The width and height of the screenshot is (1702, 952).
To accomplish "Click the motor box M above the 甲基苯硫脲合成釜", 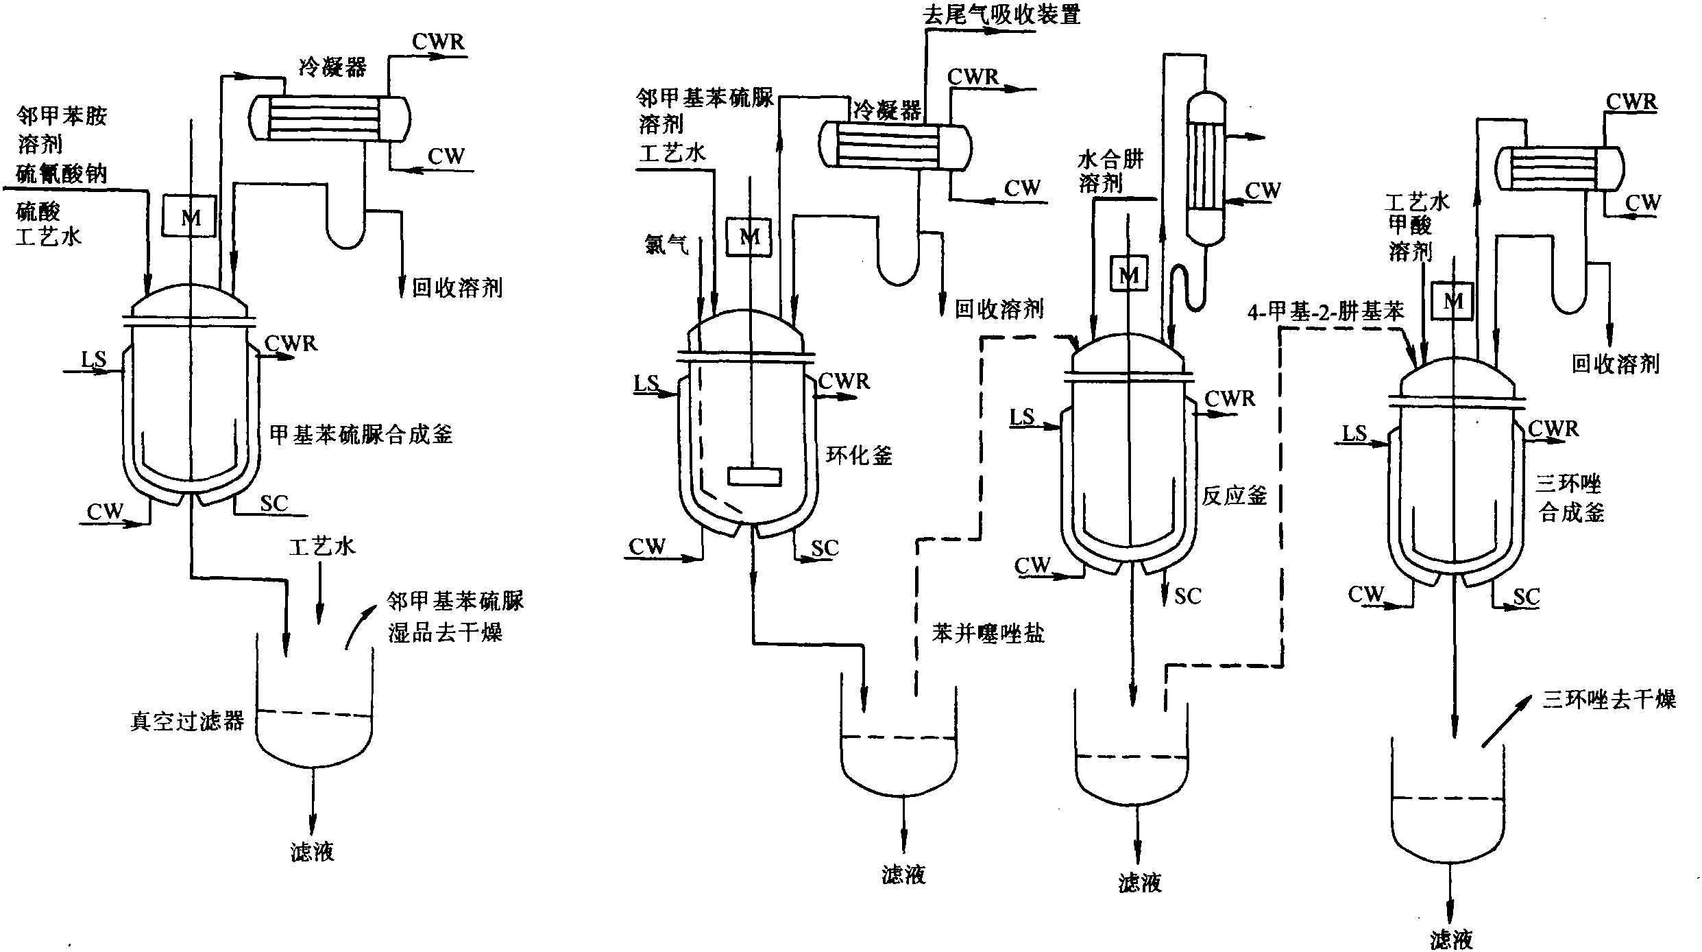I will (190, 217).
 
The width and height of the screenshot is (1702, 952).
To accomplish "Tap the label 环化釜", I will (858, 455).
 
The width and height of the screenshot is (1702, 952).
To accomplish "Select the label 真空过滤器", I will (187, 722).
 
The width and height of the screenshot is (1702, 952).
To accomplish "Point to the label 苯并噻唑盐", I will (988, 633).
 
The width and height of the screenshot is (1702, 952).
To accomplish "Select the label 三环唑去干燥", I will (1609, 699).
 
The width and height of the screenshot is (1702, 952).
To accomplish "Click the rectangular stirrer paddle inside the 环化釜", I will (754, 476).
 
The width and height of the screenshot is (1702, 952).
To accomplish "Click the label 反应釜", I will (1234, 495).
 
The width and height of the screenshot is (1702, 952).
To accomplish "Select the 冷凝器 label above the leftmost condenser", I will (332, 67).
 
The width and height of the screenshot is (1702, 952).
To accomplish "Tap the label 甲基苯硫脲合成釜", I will (361, 434).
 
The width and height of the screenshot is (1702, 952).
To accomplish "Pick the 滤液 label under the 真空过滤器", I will (312, 852).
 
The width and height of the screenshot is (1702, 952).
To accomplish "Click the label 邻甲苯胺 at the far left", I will (62, 116).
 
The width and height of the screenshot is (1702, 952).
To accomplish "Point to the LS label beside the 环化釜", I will (646, 383).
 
